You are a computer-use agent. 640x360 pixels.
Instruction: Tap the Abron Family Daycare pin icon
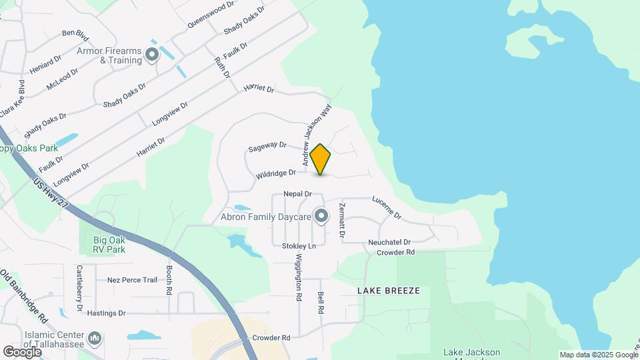tap(322, 216)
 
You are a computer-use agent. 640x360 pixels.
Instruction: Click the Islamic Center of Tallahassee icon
tap(95, 339)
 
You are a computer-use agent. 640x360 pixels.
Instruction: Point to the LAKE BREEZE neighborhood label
tap(389, 291)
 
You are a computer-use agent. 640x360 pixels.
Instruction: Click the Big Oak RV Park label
tap(109, 245)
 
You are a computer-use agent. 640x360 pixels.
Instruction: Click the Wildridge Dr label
tap(275, 174)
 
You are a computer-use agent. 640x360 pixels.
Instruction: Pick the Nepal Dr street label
tap(297, 194)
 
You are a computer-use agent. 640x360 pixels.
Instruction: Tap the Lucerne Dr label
tap(387, 207)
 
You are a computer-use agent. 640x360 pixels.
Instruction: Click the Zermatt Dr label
tap(343, 221)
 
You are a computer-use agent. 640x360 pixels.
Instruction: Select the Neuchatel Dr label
tap(390, 242)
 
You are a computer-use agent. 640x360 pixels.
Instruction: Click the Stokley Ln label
tap(298, 246)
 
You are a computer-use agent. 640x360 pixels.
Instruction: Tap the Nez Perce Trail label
tap(132, 280)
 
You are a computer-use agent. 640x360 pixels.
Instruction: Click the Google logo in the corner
tap(22, 351)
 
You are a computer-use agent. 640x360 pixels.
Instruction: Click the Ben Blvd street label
tap(75, 33)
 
